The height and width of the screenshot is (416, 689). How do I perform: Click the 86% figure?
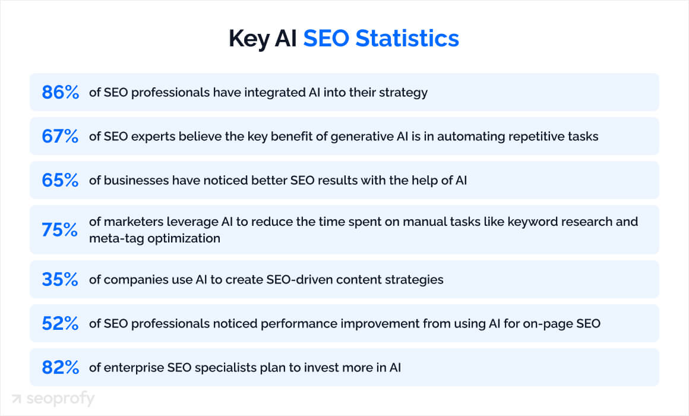coord(60,93)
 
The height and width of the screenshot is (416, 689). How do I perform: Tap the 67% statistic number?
coord(60,137)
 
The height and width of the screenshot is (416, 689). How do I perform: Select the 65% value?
coord(60,181)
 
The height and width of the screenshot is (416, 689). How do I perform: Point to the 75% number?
coord(60,230)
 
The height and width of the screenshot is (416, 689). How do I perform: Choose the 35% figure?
coord(60,279)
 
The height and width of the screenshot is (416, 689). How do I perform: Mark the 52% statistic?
coord(60,324)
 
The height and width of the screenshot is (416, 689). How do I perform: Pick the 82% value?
coord(60,368)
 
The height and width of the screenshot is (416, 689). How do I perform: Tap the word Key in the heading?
coord(248,39)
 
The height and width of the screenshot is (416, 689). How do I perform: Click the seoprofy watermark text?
coord(60,399)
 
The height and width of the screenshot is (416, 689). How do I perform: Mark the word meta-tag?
coord(113,238)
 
